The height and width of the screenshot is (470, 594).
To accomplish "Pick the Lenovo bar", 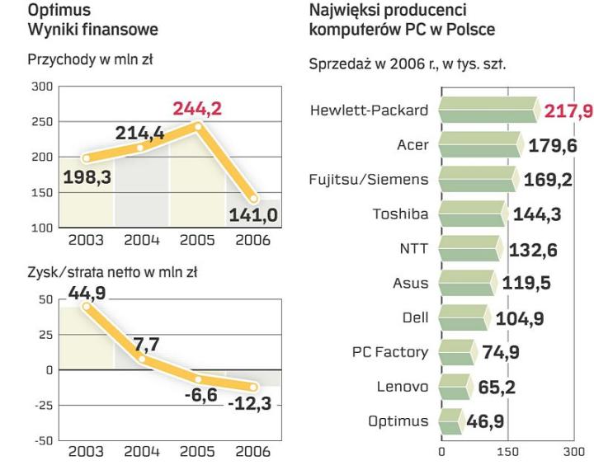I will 455,387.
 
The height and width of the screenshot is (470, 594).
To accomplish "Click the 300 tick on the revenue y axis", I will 41,86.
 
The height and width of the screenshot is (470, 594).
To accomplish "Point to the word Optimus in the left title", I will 59,12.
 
